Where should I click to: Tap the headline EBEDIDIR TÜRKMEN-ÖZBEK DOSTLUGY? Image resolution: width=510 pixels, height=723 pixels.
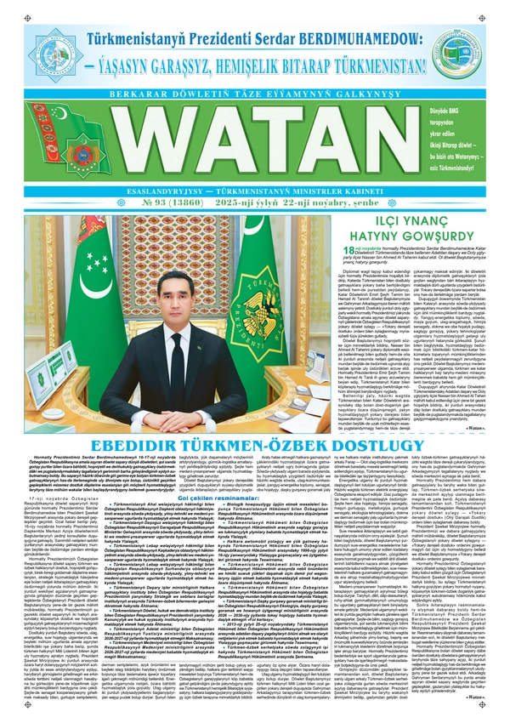(x=254, y=447)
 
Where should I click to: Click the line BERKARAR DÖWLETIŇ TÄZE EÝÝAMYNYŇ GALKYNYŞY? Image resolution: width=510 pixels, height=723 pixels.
(x=254, y=93)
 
